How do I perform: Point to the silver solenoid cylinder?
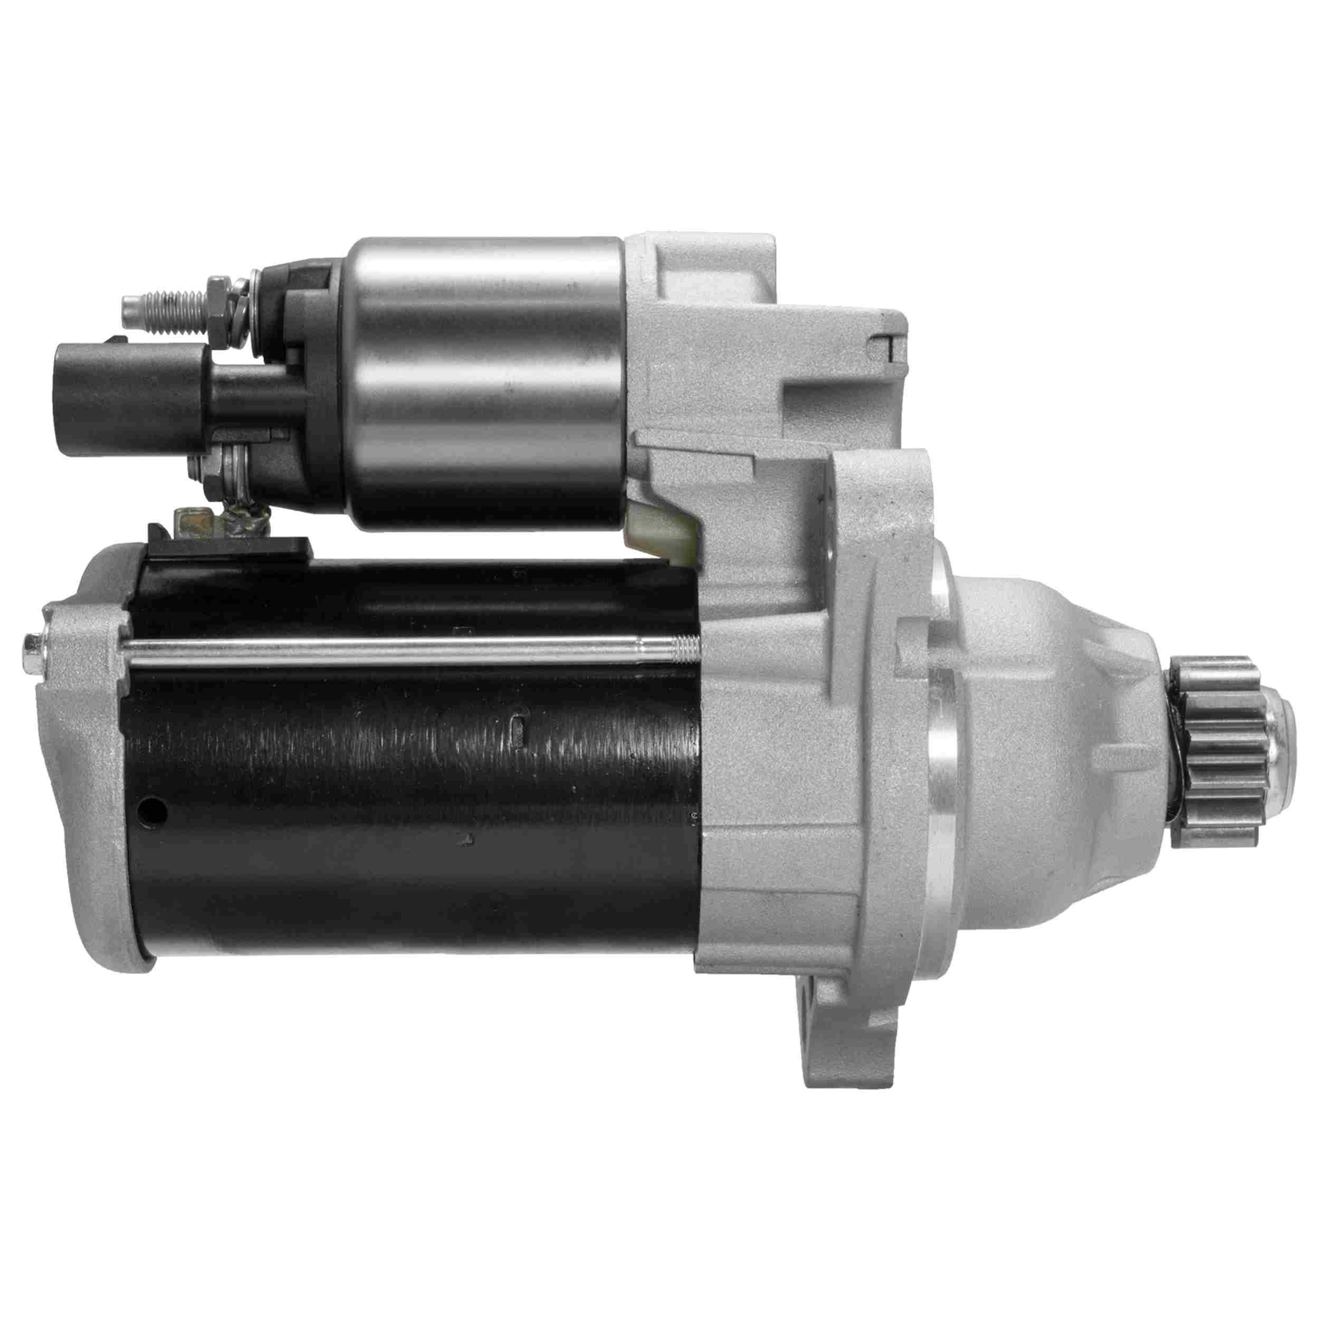[x=485, y=383]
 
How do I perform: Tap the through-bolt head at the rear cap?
[x=33, y=643]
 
